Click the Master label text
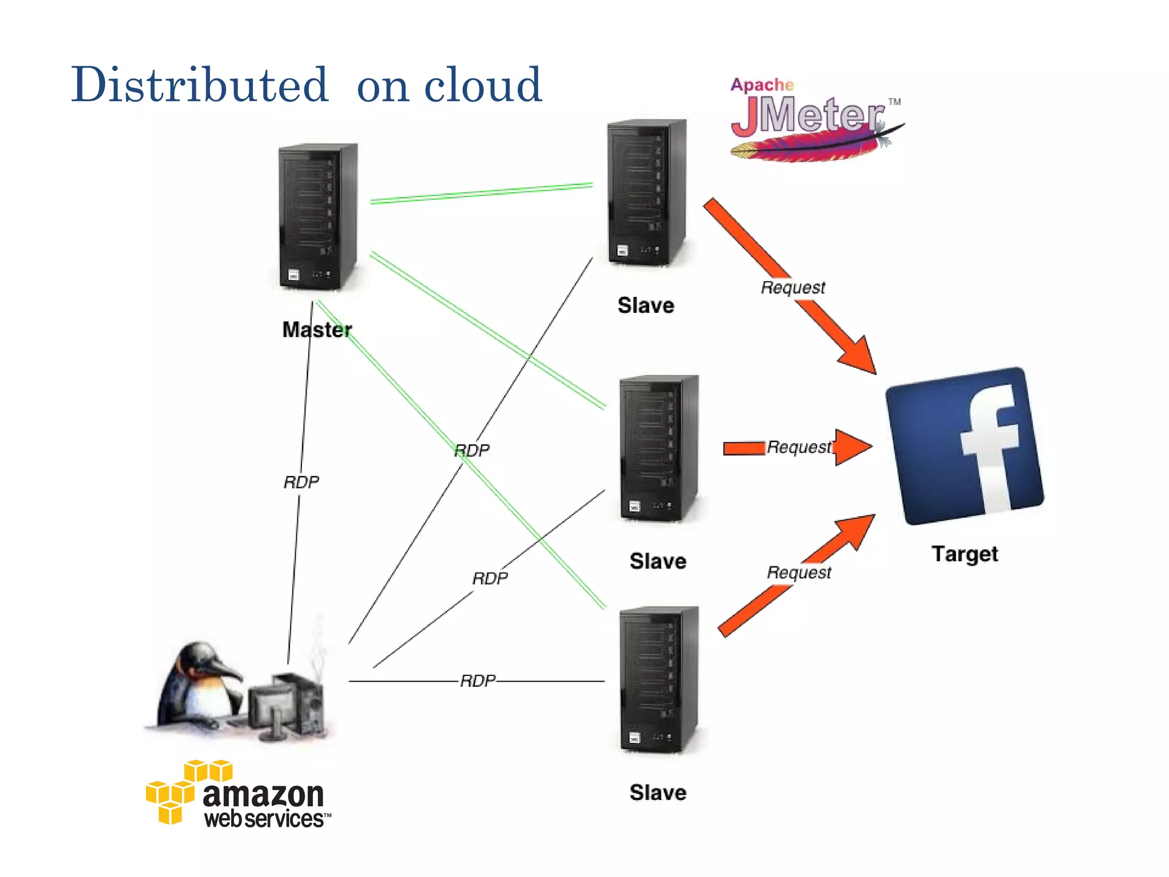tap(317, 329)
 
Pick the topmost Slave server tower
tap(646, 192)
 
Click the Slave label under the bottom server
tap(658, 792)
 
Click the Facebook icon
tap(965, 445)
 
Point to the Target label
tap(965, 554)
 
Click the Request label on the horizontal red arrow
tap(799, 447)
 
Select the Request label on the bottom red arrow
tap(799, 572)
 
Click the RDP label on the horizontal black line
tap(478, 681)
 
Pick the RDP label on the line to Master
tap(301, 482)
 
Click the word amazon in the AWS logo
tap(263, 794)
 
